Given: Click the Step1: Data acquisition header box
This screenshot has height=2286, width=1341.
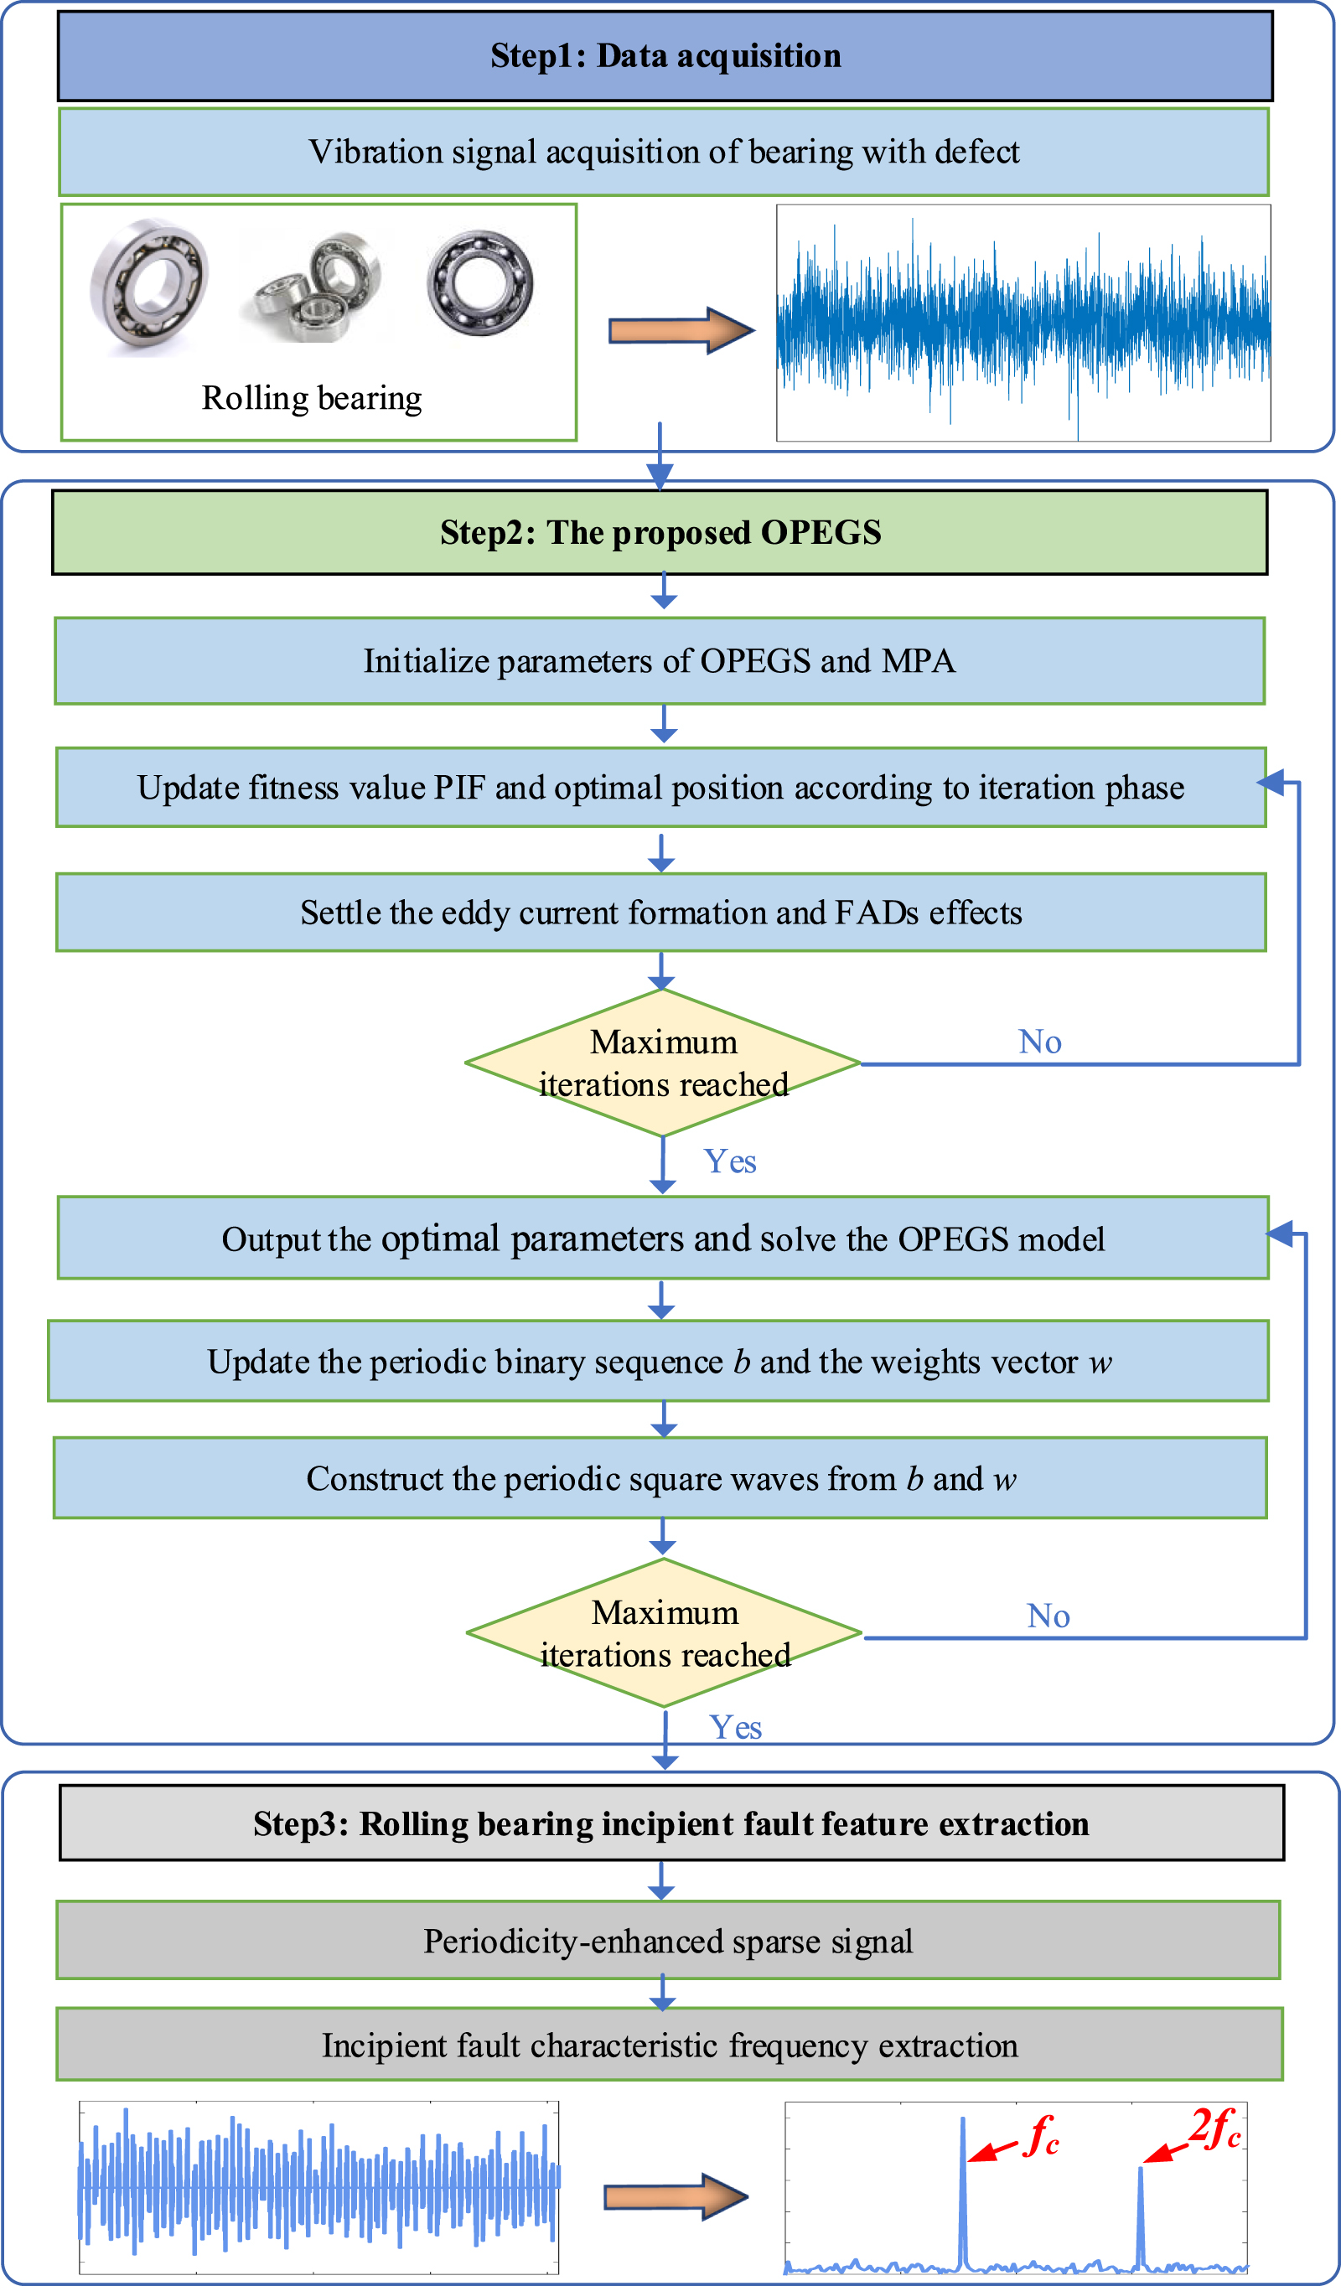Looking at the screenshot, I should (x=665, y=56).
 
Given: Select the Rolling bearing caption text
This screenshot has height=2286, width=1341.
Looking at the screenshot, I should (x=311, y=398).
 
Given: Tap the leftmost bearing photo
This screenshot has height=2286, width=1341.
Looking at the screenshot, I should (x=149, y=286).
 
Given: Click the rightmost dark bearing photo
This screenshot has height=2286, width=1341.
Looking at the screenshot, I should (x=480, y=283).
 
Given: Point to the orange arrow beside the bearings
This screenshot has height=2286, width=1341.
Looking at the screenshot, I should (x=681, y=329).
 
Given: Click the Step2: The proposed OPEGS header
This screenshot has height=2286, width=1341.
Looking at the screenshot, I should (x=660, y=532).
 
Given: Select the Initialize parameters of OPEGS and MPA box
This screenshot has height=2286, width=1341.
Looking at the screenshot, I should (x=660, y=661).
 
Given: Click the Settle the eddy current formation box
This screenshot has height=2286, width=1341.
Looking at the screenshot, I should (x=660, y=913).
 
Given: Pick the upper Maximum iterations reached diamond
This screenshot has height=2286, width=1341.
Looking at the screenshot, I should (x=663, y=1063).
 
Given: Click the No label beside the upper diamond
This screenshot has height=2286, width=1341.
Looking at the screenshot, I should (x=1040, y=1042).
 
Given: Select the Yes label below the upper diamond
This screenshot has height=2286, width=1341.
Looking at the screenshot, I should (x=730, y=1162).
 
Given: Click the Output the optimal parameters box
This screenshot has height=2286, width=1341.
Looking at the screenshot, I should (x=663, y=1239).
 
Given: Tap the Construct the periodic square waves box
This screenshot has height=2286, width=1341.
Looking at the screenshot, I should (x=660, y=1479).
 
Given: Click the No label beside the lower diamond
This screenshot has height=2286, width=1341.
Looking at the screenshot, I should (x=1048, y=1616).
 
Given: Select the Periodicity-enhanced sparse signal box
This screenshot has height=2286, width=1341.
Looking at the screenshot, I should (x=668, y=1942).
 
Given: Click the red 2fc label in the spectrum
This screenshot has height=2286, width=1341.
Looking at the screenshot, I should (x=1216, y=2129).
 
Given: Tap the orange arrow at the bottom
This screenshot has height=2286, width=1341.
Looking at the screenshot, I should (x=676, y=2198).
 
